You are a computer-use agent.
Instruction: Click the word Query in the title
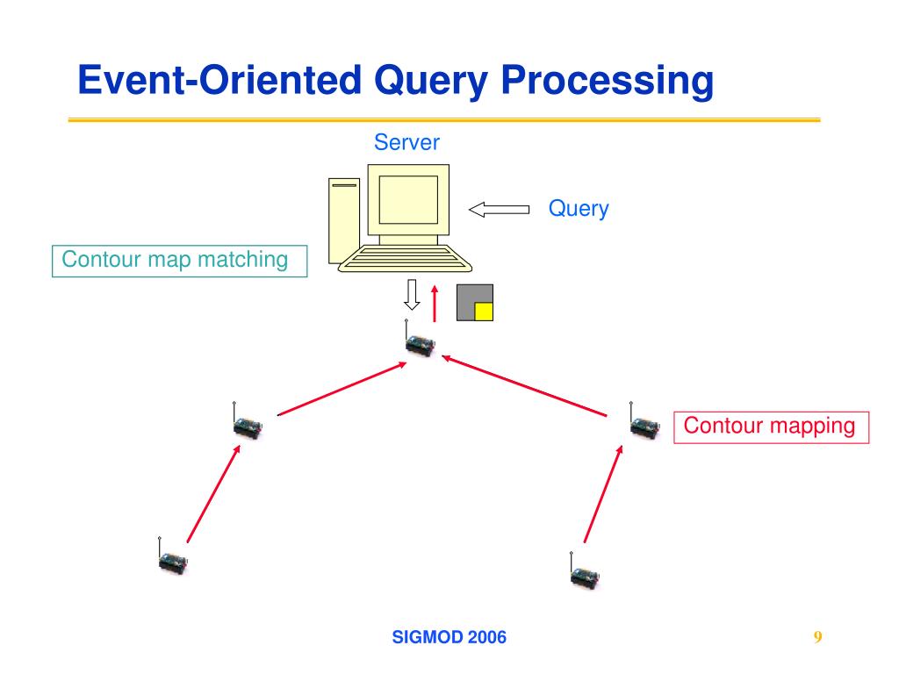[430, 81]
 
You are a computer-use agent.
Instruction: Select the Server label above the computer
[406, 142]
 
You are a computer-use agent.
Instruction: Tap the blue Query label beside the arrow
[579, 209]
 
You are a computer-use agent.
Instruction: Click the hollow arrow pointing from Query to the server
[499, 210]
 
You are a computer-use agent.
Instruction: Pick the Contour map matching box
[179, 261]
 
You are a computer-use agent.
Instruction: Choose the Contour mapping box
[771, 427]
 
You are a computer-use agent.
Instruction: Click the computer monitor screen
[408, 199]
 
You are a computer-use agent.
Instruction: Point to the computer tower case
[344, 220]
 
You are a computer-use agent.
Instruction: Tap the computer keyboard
[405, 259]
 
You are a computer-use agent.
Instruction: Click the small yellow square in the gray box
[484, 312]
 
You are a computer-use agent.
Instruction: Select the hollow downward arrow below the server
[412, 295]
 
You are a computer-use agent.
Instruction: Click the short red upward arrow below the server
[435, 304]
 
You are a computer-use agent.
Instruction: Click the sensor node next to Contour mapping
[644, 422]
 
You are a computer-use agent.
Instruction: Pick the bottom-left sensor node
[172, 556]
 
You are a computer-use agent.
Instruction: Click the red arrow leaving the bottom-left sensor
[213, 493]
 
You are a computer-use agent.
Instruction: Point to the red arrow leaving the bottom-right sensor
[603, 493]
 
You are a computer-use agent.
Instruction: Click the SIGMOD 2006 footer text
[449, 637]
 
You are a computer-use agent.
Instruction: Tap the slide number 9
[817, 637]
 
